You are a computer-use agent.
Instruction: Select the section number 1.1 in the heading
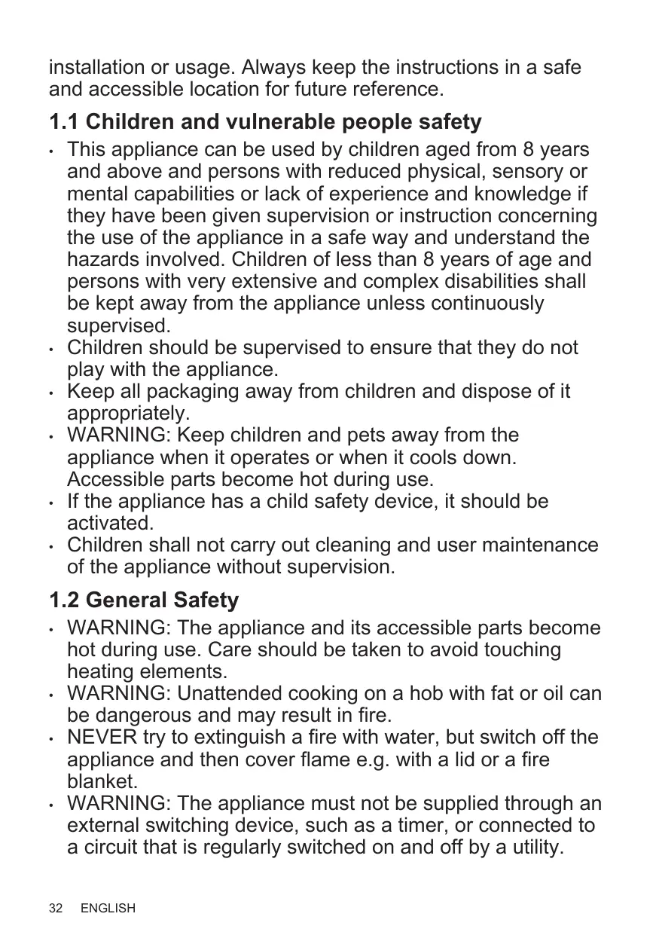coord(64,121)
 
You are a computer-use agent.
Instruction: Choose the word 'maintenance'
coord(536,545)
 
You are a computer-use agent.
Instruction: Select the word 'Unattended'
coord(238,693)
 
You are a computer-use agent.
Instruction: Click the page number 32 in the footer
coord(56,909)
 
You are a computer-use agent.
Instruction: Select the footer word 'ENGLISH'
coord(108,909)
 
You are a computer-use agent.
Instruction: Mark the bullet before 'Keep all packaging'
coord(50,393)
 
